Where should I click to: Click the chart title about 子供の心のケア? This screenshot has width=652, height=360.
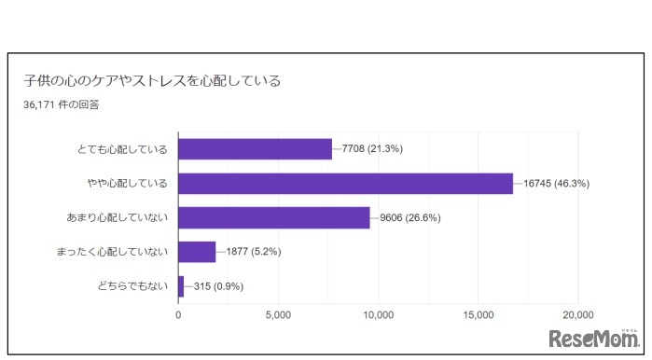tap(151, 80)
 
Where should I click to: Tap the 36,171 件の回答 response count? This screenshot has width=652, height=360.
tap(62, 105)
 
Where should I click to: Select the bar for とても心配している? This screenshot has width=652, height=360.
tap(255, 149)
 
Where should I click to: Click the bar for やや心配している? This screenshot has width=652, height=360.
tap(345, 184)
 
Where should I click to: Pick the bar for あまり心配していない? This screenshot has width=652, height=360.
tap(273, 218)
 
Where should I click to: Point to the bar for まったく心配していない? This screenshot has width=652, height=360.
tap(197, 252)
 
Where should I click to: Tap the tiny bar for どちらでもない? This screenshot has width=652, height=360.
tap(181, 286)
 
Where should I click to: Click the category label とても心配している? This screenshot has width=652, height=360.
tap(123, 149)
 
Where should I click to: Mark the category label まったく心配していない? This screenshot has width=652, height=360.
tap(111, 252)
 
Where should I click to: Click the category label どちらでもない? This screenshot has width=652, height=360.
tap(130, 286)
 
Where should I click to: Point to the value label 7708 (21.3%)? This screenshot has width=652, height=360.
tap(372, 149)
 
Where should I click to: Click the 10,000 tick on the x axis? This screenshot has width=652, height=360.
tap(379, 314)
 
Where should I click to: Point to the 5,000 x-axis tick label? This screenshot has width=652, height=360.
tap(278, 314)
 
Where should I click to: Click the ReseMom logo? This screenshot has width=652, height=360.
tap(594, 338)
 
